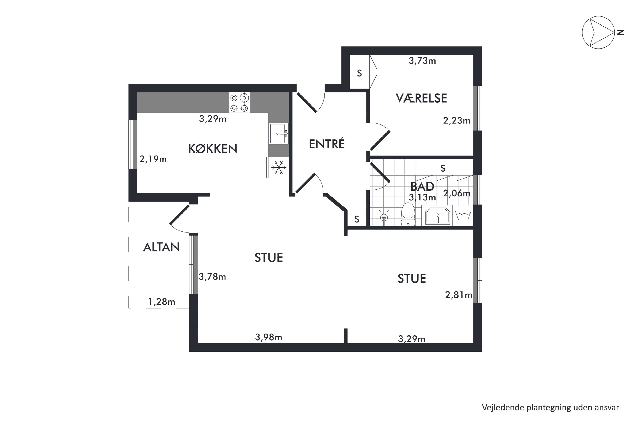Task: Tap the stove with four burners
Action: tap(239, 103)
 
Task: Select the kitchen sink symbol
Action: tap(279, 134)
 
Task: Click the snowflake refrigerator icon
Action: tap(278, 167)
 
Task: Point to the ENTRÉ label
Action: tap(326, 144)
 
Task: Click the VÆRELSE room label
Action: tap(421, 98)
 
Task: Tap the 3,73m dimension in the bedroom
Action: tap(422, 61)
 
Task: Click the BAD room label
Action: tap(422, 187)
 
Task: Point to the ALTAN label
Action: tap(161, 247)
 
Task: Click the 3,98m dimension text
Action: tap(268, 337)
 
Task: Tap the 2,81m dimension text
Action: tap(458, 295)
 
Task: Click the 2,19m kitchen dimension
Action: tap(153, 159)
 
